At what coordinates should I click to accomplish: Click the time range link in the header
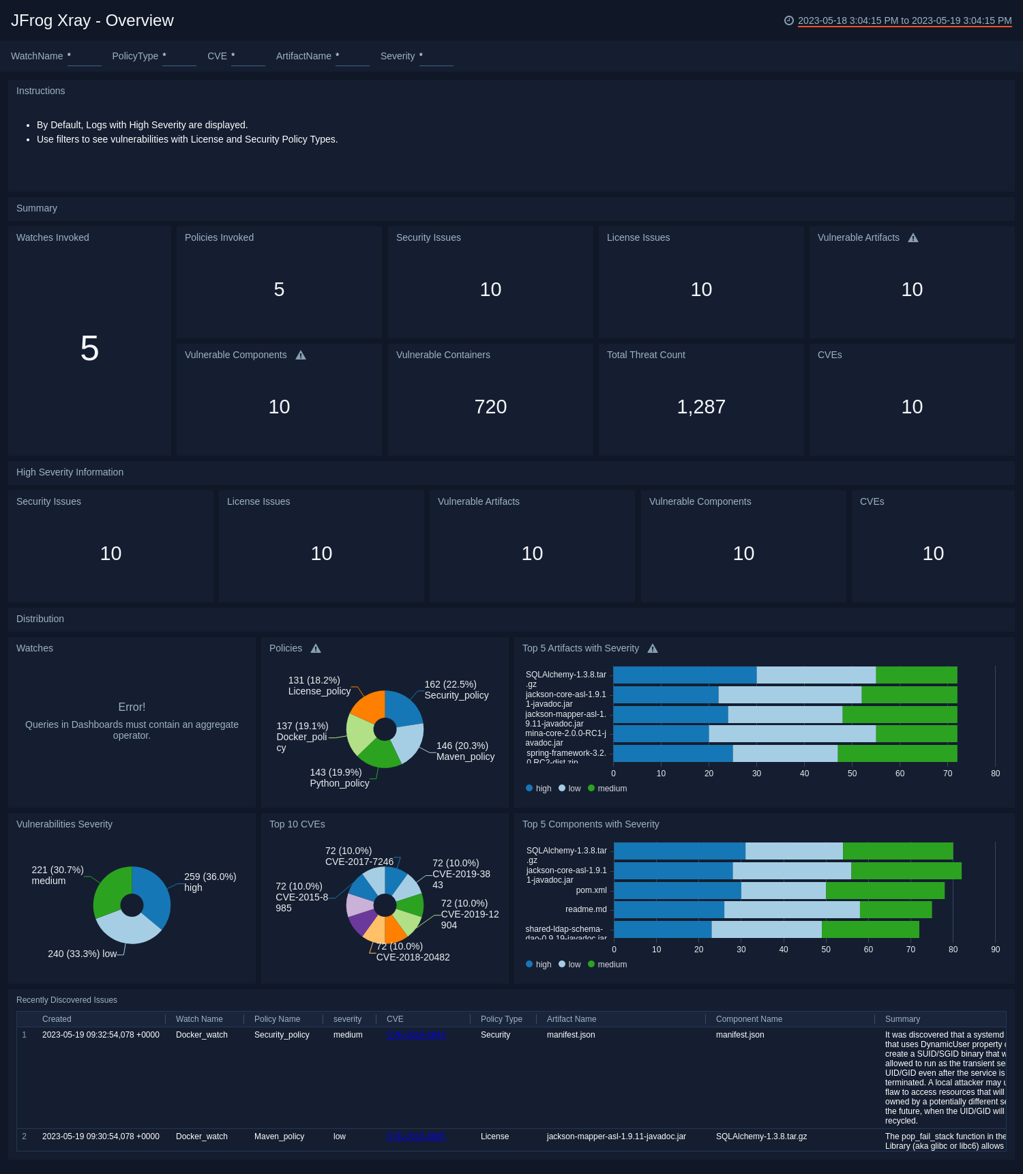tap(904, 20)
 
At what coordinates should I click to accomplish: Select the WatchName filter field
tap(84, 57)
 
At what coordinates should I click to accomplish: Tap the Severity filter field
tap(436, 57)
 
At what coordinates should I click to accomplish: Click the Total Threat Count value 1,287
tap(700, 407)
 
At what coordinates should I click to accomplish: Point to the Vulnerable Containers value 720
tap(490, 407)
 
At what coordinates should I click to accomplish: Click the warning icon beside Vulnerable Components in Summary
tap(301, 355)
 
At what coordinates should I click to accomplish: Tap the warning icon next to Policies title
tap(316, 649)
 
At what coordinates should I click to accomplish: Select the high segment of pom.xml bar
tap(677, 890)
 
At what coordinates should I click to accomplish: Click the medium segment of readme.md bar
tap(895, 909)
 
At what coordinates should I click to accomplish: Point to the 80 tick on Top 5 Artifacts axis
tap(995, 774)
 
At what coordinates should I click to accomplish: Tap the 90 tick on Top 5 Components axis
tap(995, 950)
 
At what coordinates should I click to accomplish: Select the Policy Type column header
tap(501, 1019)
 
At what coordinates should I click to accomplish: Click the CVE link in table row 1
tap(416, 1035)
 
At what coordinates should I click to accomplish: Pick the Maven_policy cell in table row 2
tap(279, 1136)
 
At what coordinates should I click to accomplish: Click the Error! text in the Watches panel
tap(132, 707)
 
